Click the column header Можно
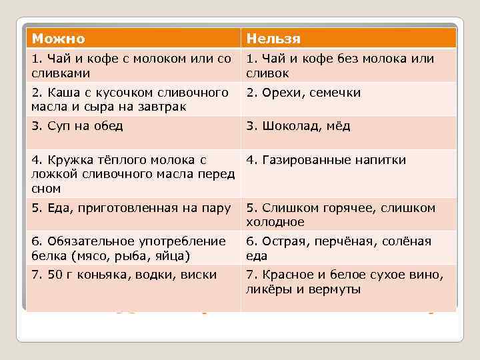click(x=59, y=39)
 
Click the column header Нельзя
click(x=273, y=39)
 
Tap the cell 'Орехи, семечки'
click(x=303, y=93)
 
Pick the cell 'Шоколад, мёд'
click(x=298, y=126)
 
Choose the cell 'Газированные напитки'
click(x=326, y=160)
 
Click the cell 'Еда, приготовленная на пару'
click(x=131, y=207)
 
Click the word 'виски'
click(x=199, y=275)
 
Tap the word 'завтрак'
click(x=159, y=107)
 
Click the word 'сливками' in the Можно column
click(x=60, y=73)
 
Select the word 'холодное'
click(x=275, y=222)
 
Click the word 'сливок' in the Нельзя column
click(x=267, y=73)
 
